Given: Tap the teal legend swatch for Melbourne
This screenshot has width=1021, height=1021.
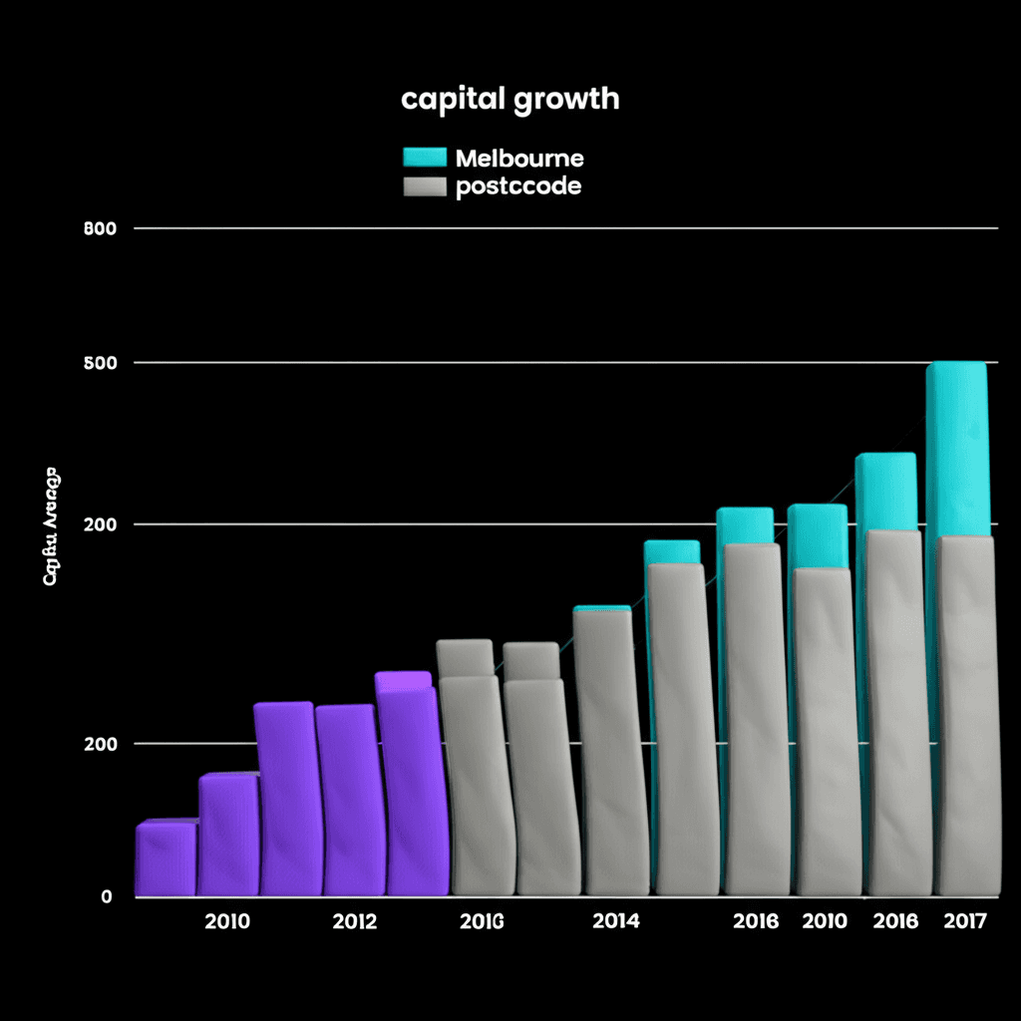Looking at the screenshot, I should [424, 157].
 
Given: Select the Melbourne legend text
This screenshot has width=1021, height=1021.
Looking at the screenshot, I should [518, 158].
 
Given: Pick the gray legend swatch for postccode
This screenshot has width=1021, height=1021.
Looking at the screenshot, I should [424, 186].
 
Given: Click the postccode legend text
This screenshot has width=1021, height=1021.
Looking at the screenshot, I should [517, 186].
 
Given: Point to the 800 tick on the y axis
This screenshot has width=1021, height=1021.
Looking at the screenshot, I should [102, 228].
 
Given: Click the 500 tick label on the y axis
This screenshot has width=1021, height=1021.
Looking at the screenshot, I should [102, 363].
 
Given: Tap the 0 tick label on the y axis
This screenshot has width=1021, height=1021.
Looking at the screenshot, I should [107, 896].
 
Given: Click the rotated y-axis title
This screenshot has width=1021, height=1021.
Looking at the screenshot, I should [50, 525].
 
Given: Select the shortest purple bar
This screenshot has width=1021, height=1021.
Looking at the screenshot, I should [166, 858].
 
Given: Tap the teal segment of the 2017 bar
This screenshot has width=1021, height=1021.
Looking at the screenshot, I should [956, 449].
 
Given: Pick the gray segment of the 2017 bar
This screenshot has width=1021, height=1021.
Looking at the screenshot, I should [964, 718].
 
